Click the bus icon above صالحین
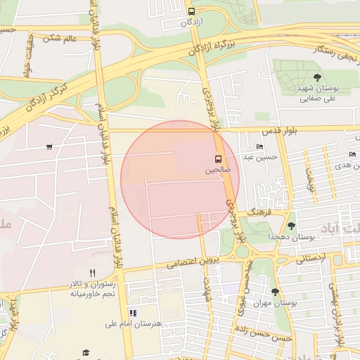[217, 159]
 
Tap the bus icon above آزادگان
[192, 12]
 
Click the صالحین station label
[217, 169]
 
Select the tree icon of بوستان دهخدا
[291, 226]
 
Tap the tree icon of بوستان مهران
[275, 291]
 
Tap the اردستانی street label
[311, 259]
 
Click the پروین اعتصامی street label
[194, 262]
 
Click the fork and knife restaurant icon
[92, 273]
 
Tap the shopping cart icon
[49, 147]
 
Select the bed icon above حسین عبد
[260, 147]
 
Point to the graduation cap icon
[86, 352]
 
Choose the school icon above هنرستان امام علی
[133, 313]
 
